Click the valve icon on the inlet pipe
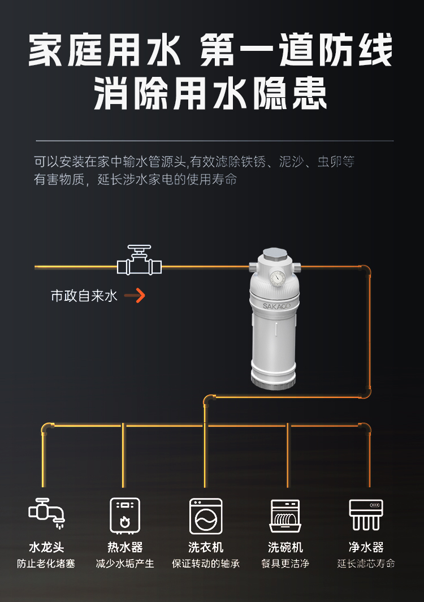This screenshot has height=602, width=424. point(139,261)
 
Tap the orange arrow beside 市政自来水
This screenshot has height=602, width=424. point(135,295)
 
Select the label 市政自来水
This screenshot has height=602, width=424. point(84,296)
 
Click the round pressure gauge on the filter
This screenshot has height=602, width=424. point(277,278)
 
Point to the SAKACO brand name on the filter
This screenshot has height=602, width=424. point(275,306)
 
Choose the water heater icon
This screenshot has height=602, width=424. point(125,514)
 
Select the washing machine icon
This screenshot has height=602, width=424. point(206,515)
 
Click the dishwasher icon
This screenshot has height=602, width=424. point(285,515)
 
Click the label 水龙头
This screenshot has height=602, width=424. point(46,547)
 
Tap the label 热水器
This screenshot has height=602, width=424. point(125,547)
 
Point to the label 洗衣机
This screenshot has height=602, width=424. point(206,547)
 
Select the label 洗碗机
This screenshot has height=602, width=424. point(285,547)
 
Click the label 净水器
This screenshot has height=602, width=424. point(366,547)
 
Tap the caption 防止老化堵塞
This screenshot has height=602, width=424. point(46,564)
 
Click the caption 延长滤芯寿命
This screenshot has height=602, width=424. point(366,564)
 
